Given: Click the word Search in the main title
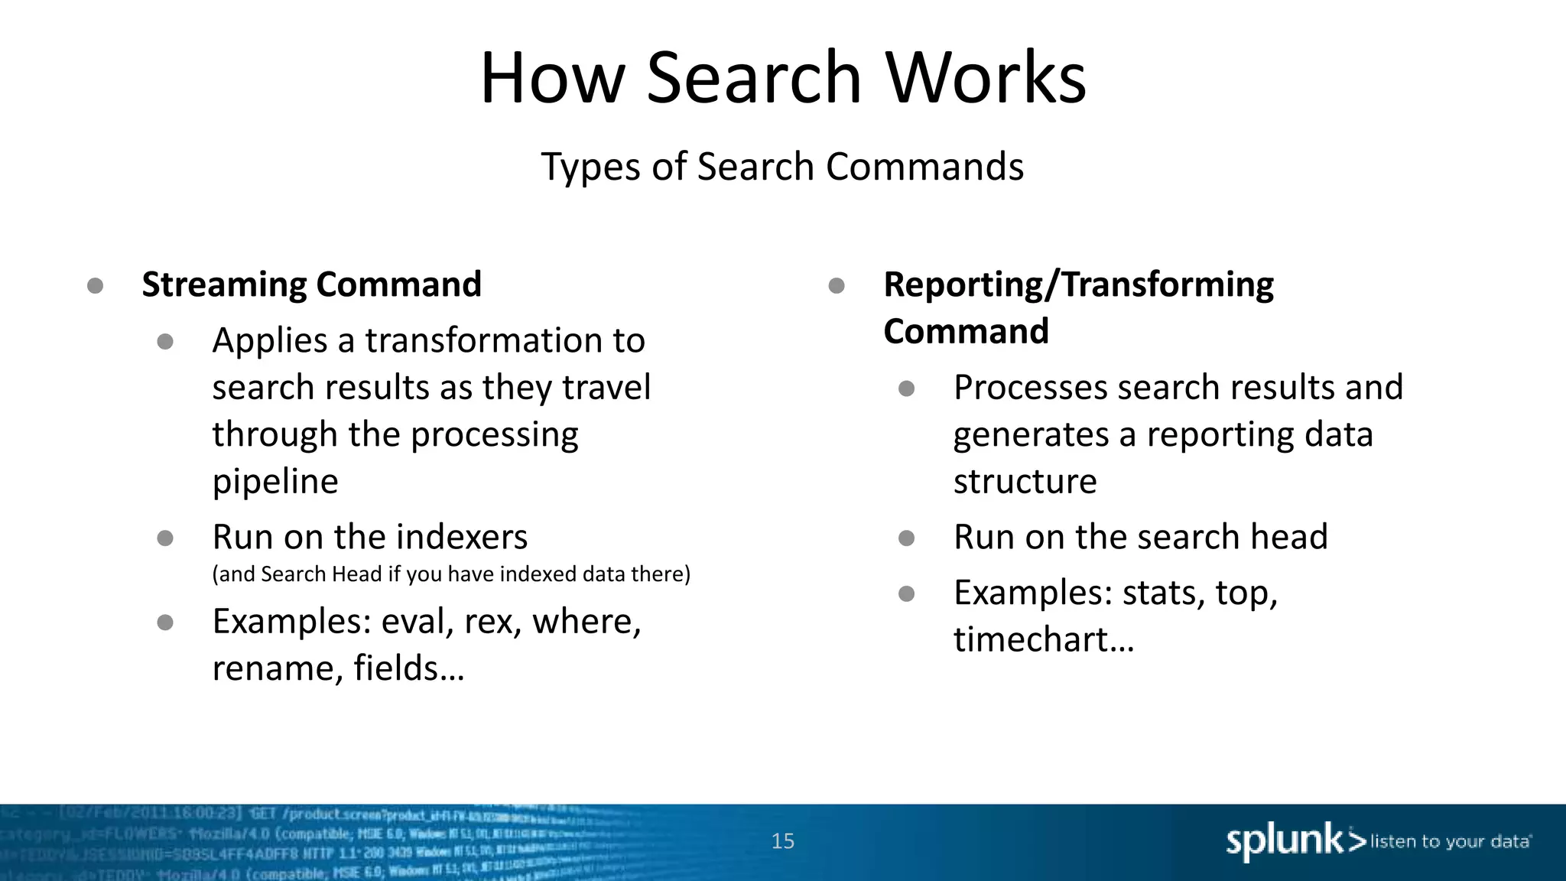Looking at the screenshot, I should click(x=754, y=78).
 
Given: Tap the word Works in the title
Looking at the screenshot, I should click(x=986, y=78).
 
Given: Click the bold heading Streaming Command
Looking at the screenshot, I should click(x=311, y=284).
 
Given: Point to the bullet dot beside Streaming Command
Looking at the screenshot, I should click(x=96, y=286).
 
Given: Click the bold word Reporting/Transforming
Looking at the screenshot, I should click(x=1078, y=284).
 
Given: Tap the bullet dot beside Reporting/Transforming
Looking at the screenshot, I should click(x=837, y=286).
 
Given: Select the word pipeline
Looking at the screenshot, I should click(x=275, y=481).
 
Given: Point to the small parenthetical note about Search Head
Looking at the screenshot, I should click(x=451, y=574).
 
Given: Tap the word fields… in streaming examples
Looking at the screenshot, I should click(x=408, y=668).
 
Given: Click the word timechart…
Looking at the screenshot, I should click(x=1044, y=639).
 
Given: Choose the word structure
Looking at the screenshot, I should click(x=1025, y=481).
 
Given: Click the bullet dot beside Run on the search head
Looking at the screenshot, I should click(x=907, y=538).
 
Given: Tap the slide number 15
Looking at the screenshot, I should click(x=783, y=841).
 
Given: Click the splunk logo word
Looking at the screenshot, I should click(x=1285, y=841).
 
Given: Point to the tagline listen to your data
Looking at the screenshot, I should click(x=1450, y=841).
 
